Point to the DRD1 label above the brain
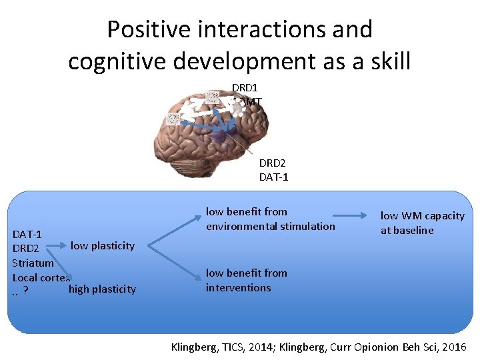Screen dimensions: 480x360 pos(245,87)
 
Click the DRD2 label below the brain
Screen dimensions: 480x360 pos(271,163)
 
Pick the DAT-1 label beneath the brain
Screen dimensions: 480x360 pos(273,177)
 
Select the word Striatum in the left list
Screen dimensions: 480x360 pos(33,263)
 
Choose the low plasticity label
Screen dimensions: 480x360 pos(102,245)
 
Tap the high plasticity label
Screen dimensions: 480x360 pos(102,289)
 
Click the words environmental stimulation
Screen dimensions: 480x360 pos(271,226)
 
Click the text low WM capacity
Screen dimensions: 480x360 pos(422,216)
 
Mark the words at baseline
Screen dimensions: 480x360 pos(407,231)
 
